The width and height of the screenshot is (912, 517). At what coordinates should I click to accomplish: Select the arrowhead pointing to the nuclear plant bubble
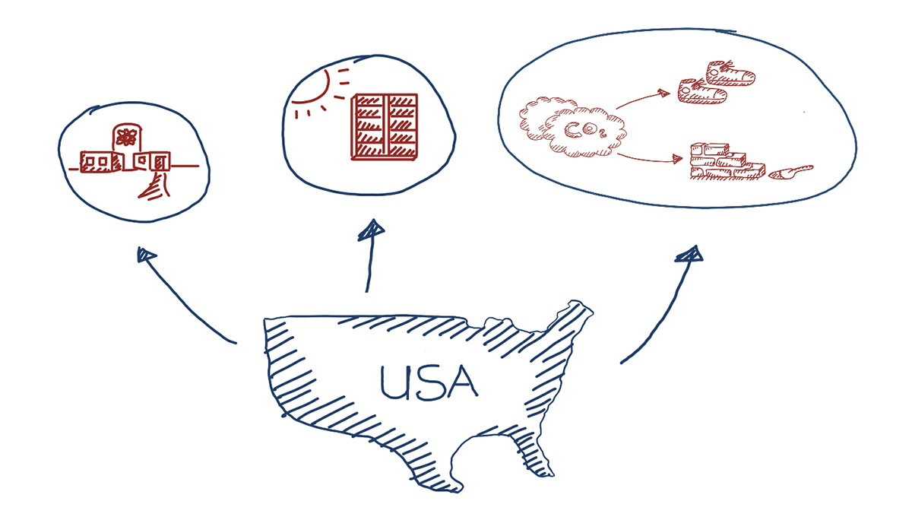[x=145, y=255]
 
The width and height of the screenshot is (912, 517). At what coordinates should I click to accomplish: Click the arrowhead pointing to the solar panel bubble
[x=373, y=228]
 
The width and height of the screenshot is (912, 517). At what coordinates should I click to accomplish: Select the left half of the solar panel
[x=368, y=127]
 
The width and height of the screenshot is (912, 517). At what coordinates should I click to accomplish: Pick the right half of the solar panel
[x=403, y=127]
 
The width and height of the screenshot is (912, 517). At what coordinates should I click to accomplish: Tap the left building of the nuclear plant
[x=97, y=162]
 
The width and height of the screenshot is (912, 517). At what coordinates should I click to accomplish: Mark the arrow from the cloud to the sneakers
[x=642, y=99]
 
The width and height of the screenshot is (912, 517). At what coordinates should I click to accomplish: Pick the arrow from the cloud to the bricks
[x=650, y=158]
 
